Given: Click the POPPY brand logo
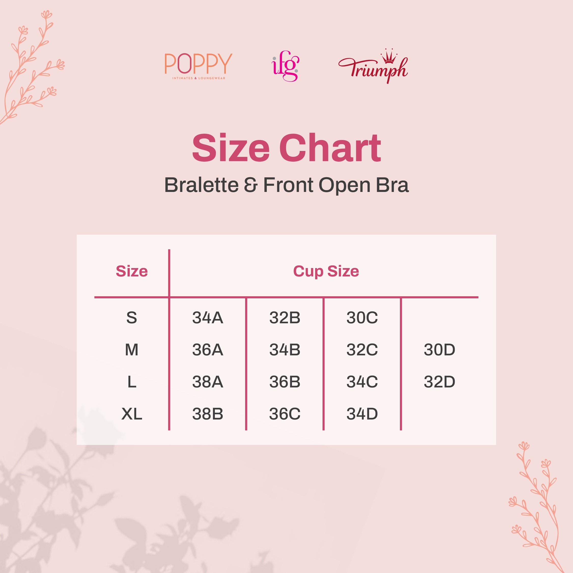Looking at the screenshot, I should [198, 65].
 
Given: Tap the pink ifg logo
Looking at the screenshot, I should [285, 66].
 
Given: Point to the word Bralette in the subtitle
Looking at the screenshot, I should [201, 185].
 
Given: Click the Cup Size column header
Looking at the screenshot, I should [326, 271].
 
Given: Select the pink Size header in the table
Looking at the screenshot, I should [132, 271].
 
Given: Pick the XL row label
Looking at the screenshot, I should [132, 414].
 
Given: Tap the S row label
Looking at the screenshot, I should [132, 318].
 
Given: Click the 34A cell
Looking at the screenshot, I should [208, 318].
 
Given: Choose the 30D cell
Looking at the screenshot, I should [439, 350].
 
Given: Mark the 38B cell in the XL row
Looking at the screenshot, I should [208, 414].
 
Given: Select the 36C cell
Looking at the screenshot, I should [285, 414].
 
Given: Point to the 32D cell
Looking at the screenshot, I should [439, 382].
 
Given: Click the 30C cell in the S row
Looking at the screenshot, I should [362, 318].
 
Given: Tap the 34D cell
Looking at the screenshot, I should [362, 414].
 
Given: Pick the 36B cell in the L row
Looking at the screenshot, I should [285, 382].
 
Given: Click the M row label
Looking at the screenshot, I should [132, 350].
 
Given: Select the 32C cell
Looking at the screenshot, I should [362, 350].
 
